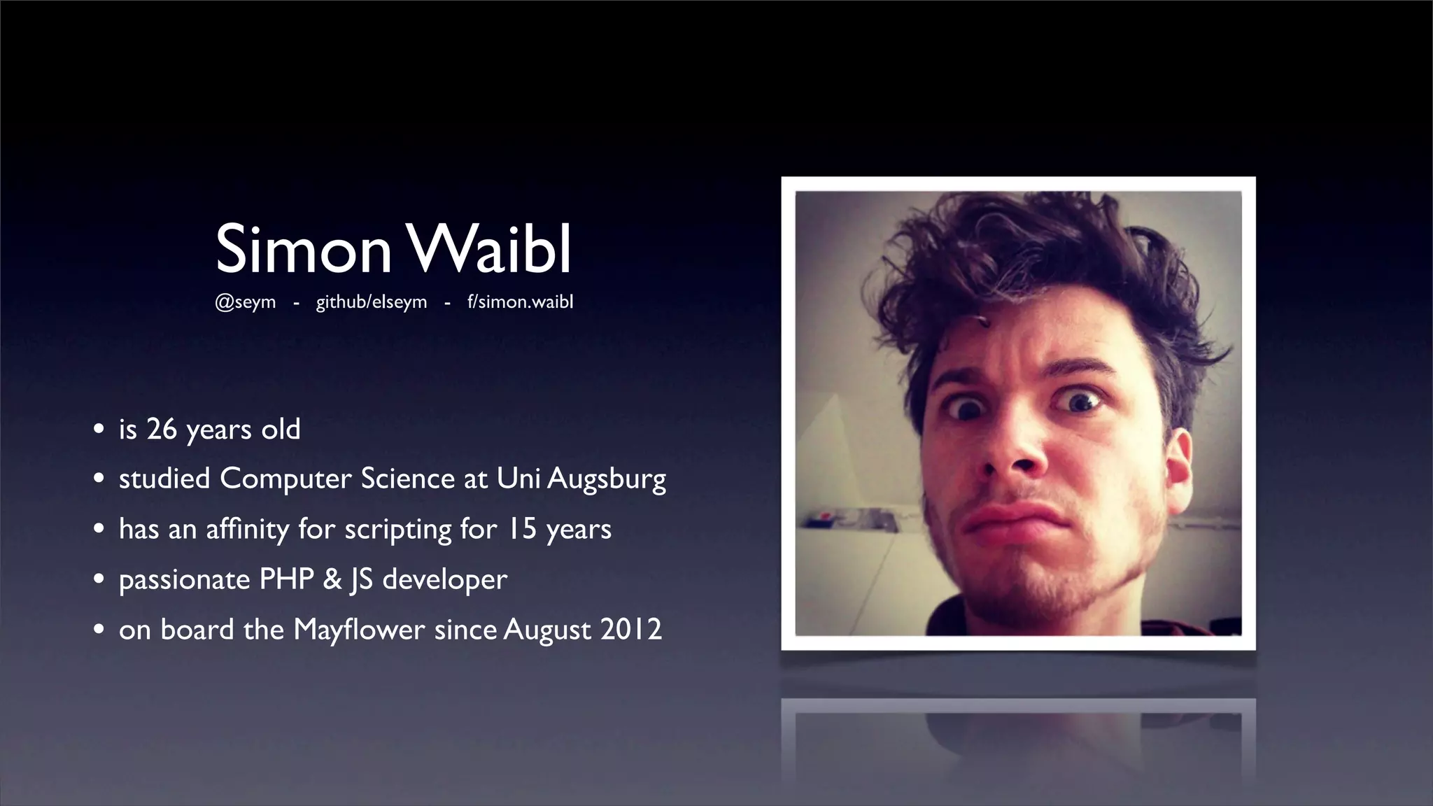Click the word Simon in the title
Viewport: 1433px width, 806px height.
pos(303,250)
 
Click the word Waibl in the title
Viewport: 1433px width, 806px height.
pos(489,250)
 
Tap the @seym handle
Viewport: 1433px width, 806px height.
pos(245,302)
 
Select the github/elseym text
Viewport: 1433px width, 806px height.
pos(371,302)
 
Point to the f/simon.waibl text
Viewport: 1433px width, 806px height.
pos(520,302)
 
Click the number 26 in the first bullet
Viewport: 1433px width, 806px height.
pos(162,429)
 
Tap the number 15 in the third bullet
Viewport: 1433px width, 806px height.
pos(521,529)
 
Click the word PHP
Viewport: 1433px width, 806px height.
pos(286,579)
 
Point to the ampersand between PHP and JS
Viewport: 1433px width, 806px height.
pos(332,579)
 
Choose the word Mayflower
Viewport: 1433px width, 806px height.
pos(359,630)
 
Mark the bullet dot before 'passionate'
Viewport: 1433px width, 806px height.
pos(99,579)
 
